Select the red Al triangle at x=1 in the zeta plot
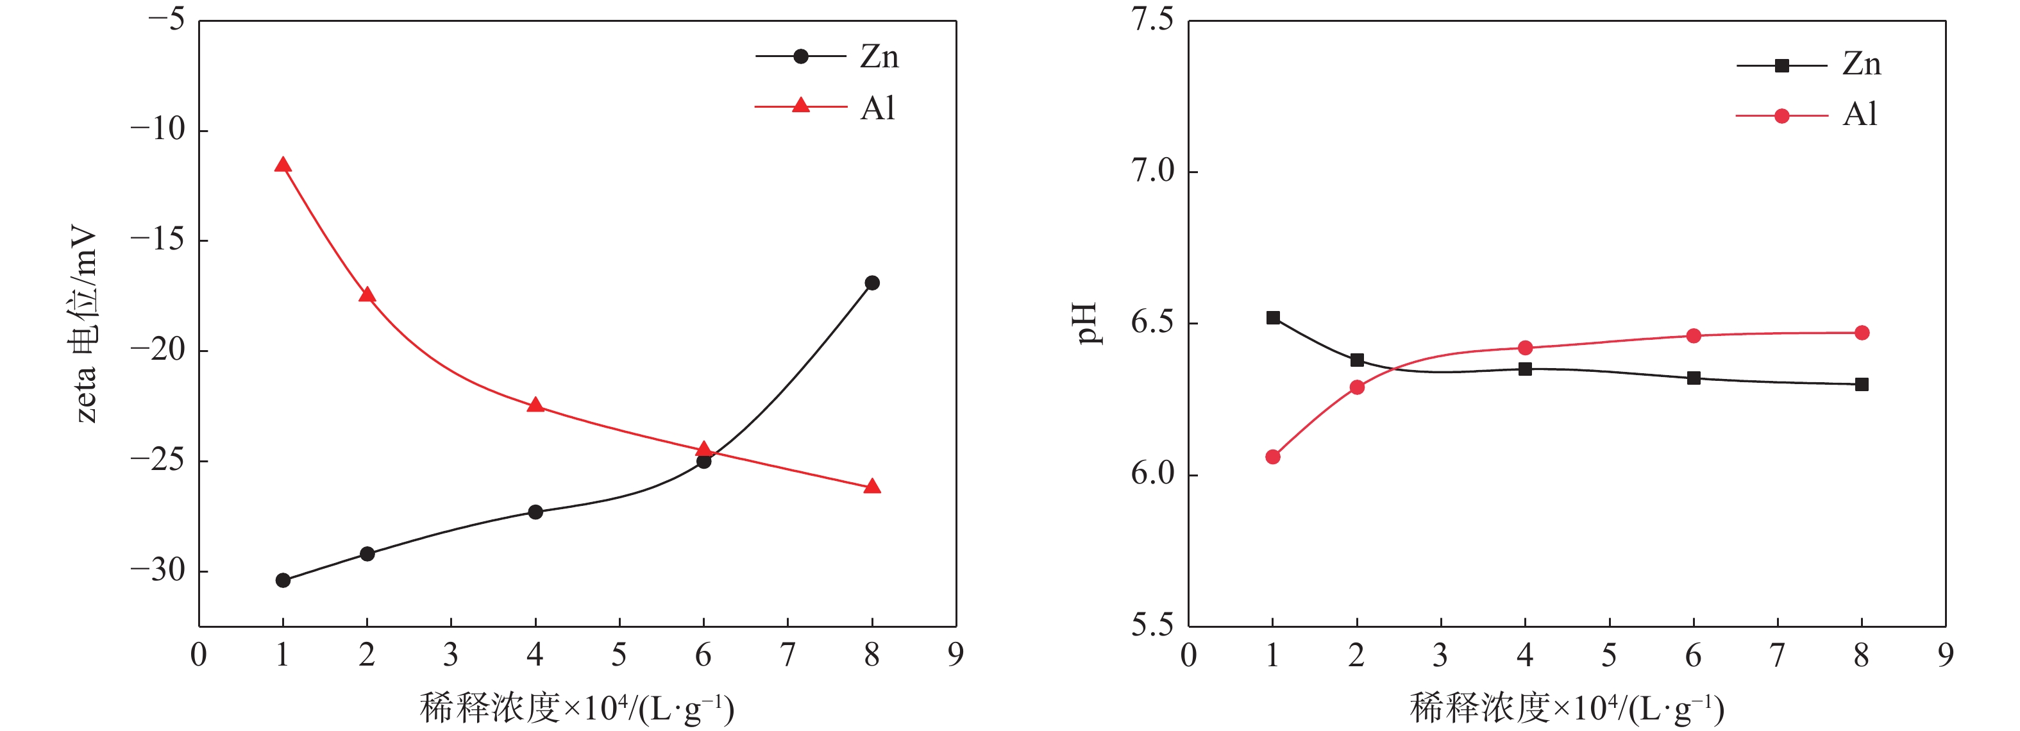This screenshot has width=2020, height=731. (x=283, y=165)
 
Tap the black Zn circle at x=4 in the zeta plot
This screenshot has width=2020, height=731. (x=535, y=512)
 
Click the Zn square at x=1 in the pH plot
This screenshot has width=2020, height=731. (x=1273, y=317)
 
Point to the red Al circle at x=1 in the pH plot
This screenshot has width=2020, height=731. (x=1273, y=457)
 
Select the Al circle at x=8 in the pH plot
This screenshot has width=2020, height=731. (x=1862, y=333)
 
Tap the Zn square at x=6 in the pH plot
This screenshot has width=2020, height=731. (x=1694, y=378)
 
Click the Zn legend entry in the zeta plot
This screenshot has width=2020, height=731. (x=827, y=56)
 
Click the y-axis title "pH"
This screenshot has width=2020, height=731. (x=1086, y=323)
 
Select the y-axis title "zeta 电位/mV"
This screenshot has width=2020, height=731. (x=85, y=323)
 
